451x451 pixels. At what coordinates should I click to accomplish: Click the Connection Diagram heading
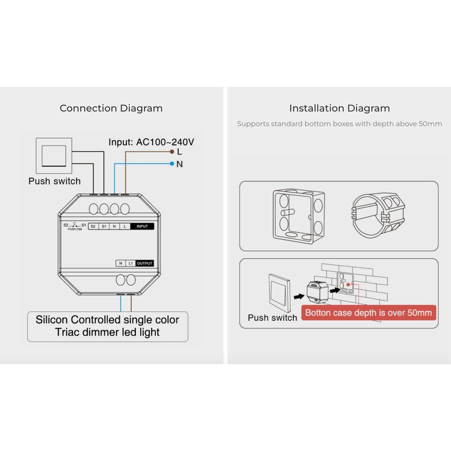point(111,108)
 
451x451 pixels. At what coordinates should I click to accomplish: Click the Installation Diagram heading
point(339,108)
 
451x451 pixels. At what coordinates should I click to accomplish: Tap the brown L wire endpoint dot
point(172,152)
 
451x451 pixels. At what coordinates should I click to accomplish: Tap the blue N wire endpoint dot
point(172,163)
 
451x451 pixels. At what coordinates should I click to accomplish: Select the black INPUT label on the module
point(142,227)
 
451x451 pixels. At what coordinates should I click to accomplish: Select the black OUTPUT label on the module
point(144,263)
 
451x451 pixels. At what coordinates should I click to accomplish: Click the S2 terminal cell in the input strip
point(93,227)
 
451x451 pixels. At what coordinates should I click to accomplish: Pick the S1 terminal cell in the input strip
point(104,227)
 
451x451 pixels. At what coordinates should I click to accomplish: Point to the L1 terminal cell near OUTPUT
point(131,263)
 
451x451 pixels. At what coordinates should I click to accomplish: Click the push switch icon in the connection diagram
point(54,156)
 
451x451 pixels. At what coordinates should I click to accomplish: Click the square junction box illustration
point(299,216)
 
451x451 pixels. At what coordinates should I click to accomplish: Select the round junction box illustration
point(378,215)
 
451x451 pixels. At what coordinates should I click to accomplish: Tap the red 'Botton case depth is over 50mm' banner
point(369,313)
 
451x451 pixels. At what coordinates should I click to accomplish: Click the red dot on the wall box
point(348,285)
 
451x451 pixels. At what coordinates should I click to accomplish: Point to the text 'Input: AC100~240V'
point(151,142)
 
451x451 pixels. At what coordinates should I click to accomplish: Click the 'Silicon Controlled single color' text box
point(108,326)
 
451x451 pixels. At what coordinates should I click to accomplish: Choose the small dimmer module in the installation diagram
point(317,291)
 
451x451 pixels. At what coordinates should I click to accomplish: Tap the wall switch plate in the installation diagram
point(279,293)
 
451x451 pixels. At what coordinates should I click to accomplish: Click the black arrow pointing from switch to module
point(299,297)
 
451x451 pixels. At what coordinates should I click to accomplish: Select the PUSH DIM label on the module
point(75,229)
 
